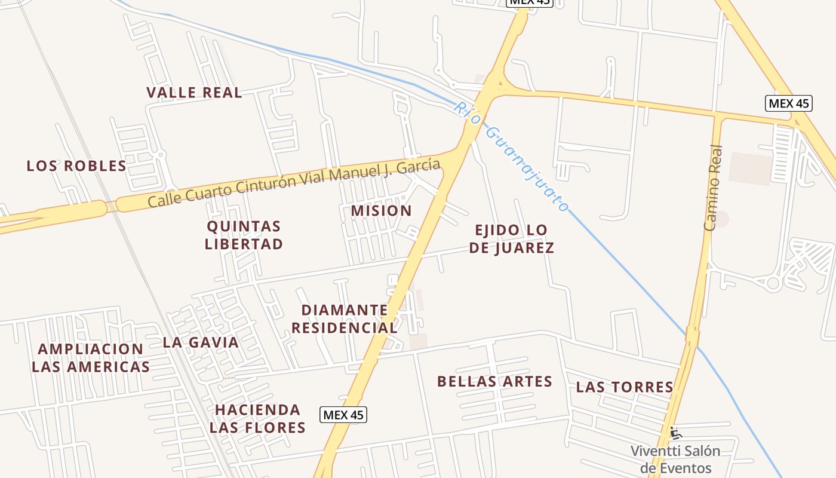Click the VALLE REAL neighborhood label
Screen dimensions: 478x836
coord(194,93)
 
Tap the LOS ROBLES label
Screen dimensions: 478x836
coord(76,166)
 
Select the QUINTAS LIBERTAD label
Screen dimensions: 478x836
coord(244,235)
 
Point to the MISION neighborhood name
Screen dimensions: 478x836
coord(381,211)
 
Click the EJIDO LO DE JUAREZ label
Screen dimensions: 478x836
coord(511,239)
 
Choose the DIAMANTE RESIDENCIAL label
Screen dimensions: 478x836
coord(345,319)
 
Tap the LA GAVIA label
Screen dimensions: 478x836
coord(201,342)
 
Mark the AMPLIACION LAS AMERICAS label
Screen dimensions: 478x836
coord(91,358)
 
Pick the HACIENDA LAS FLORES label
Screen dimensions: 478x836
coord(257,419)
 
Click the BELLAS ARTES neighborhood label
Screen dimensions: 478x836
coord(494,382)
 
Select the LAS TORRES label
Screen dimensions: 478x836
coord(625,387)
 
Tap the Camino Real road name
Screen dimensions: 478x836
coord(714,188)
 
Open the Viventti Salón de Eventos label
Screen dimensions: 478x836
coord(675,459)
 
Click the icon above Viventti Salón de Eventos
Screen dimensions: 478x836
coord(675,432)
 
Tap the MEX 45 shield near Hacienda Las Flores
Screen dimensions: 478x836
coord(343,415)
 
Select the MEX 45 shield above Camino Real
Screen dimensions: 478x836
coord(788,103)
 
